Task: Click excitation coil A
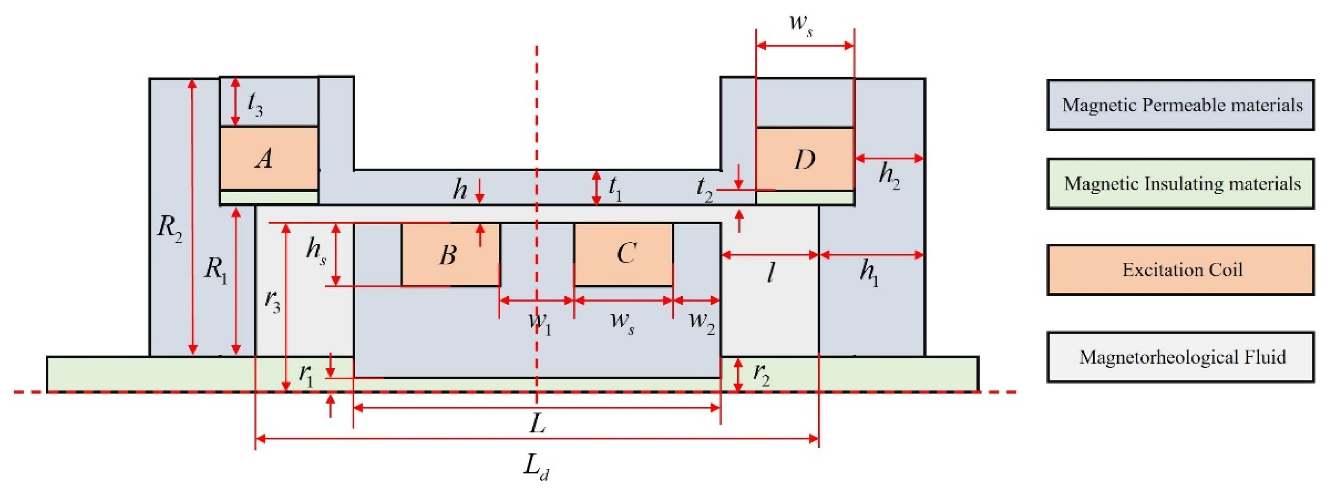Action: point(269,158)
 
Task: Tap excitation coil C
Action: point(623,254)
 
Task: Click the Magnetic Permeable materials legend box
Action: point(1180,105)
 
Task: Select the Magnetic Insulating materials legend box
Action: point(1180,184)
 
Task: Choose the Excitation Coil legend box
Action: point(1180,270)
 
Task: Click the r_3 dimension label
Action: point(272,301)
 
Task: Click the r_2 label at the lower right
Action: point(761,374)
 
